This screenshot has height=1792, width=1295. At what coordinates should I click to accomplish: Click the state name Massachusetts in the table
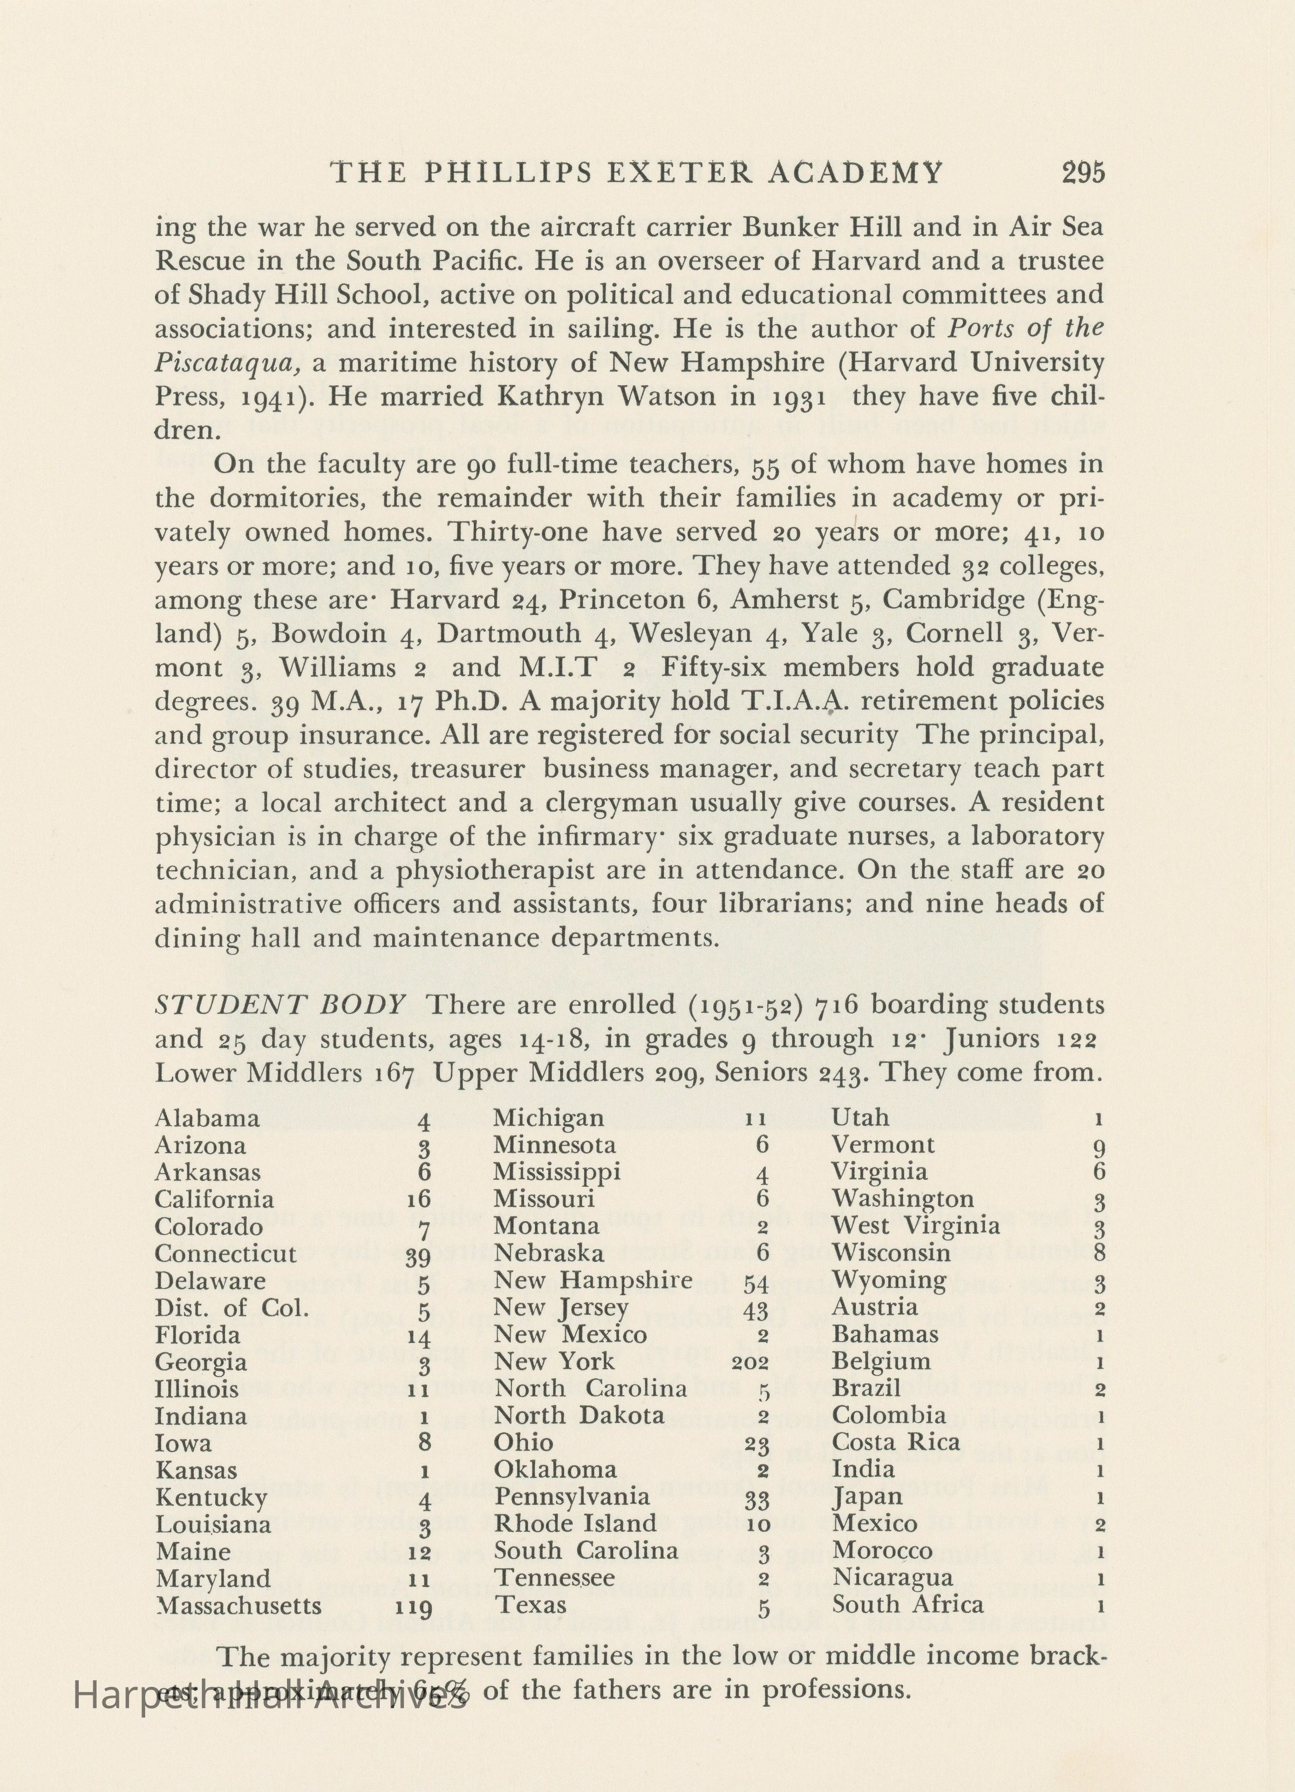pyautogui.click(x=238, y=1583)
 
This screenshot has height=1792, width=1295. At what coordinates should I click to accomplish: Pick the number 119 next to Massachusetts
pyautogui.click(x=413, y=1584)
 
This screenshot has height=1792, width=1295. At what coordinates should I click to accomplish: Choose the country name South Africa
pyautogui.click(x=908, y=1582)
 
